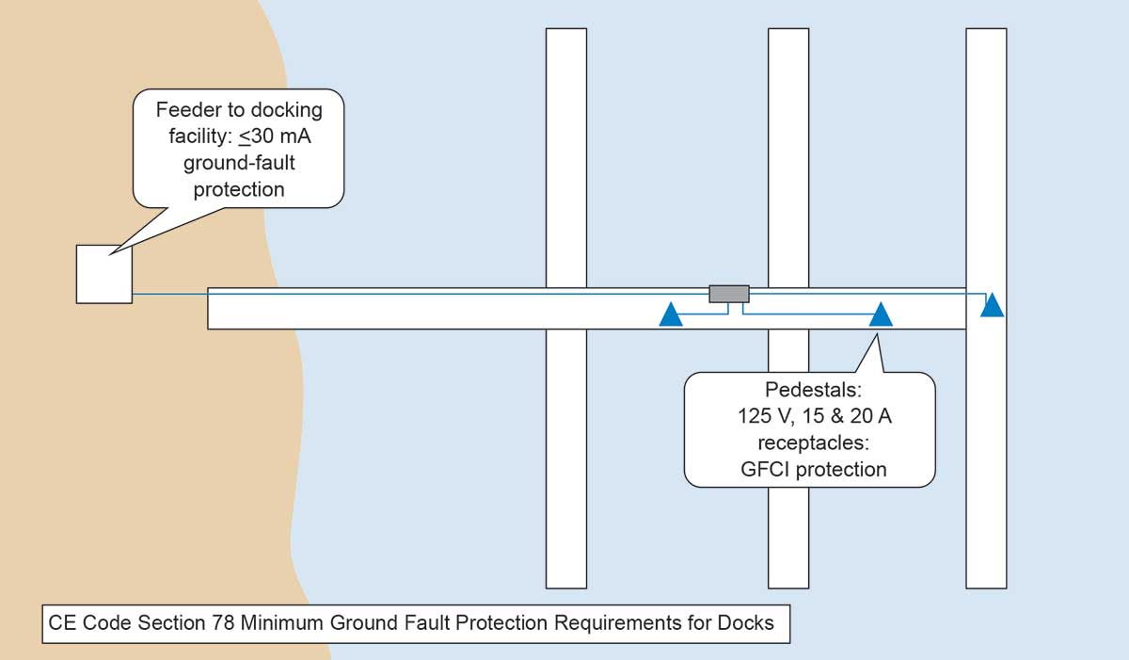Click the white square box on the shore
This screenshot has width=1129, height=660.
104,274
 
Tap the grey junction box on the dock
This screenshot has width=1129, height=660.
729,294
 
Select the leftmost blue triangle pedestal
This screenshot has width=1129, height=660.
671,314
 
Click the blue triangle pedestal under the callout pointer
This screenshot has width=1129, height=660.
881,314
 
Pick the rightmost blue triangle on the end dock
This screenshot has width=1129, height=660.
992,304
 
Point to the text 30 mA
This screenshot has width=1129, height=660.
275,137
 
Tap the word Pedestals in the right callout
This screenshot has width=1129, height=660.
813,389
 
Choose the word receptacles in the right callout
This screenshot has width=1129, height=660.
814,443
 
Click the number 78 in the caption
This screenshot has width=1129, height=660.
223,622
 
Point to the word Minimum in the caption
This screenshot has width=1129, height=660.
282,622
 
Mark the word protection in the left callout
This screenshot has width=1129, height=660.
239,190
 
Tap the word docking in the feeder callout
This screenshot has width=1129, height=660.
287,110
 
